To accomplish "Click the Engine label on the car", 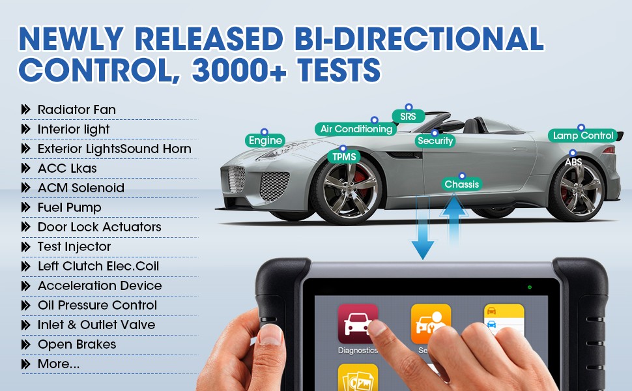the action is point(265,140).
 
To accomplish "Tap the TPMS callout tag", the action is point(344,156).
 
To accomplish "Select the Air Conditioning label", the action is point(356,129).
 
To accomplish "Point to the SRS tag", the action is point(409,117).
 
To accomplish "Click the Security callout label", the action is point(435,141).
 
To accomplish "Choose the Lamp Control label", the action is point(583,136).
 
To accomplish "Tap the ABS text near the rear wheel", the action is point(573,162).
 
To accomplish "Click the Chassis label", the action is point(462,184).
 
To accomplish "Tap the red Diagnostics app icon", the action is point(358,324).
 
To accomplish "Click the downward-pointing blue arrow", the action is point(422,227).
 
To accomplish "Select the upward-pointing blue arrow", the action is point(454,219).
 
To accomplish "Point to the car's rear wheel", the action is point(577,190).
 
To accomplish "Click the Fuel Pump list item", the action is point(69,208).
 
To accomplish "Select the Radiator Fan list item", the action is point(77,109).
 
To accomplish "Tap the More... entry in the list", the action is point(59,364).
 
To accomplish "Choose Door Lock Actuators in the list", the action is point(99,227).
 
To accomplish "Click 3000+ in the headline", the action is point(239,70).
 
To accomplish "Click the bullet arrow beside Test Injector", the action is point(26,247).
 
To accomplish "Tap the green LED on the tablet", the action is point(530,287).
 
